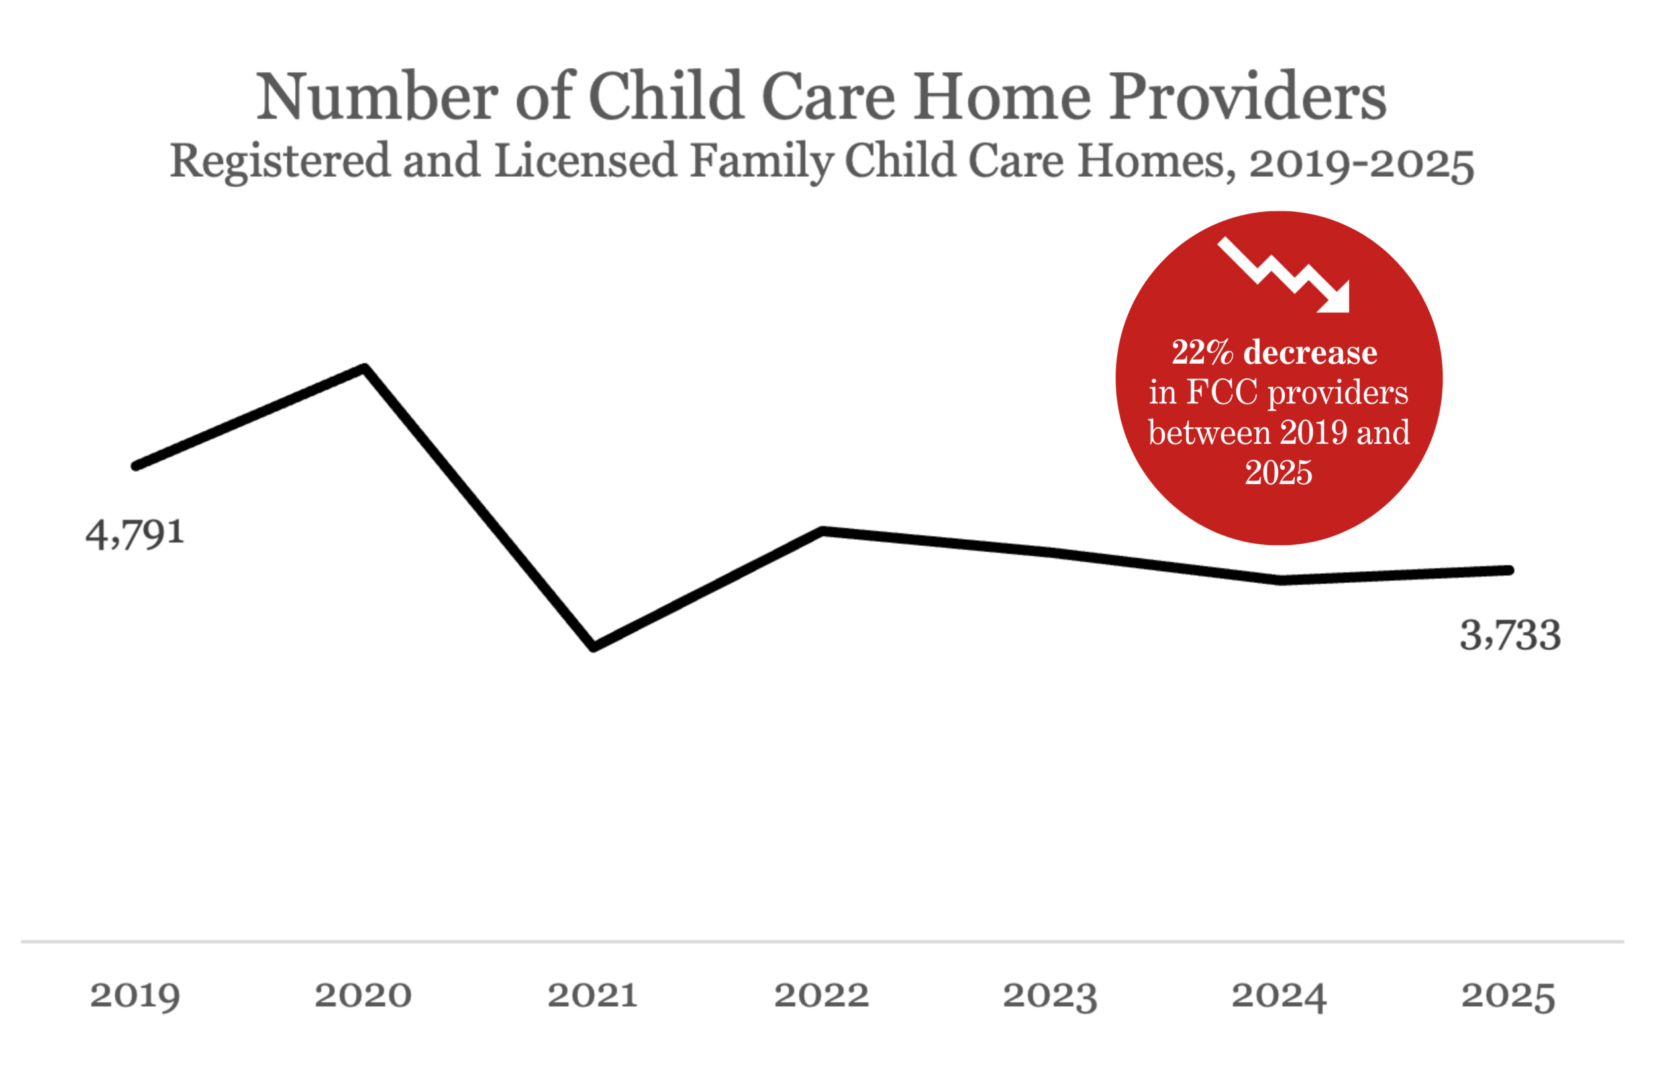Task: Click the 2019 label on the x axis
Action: (x=135, y=996)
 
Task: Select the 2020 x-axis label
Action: (x=363, y=995)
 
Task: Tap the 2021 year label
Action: (x=593, y=995)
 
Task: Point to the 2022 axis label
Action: (x=822, y=995)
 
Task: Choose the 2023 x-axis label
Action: (x=1050, y=996)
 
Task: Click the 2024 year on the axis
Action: (x=1279, y=996)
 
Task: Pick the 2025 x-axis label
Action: (x=1509, y=996)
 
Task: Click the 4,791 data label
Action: (x=135, y=534)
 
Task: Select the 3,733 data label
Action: (x=1511, y=635)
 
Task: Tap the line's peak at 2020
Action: (x=364, y=368)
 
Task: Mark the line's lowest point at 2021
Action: (x=593, y=647)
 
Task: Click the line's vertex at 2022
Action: (x=823, y=531)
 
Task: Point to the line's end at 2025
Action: (x=1509, y=570)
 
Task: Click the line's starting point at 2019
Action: (x=136, y=466)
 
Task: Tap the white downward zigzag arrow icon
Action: (x=1284, y=275)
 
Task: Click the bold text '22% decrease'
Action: (x=1274, y=352)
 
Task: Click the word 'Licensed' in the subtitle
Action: (x=585, y=160)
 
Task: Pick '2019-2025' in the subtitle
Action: (x=1362, y=163)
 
